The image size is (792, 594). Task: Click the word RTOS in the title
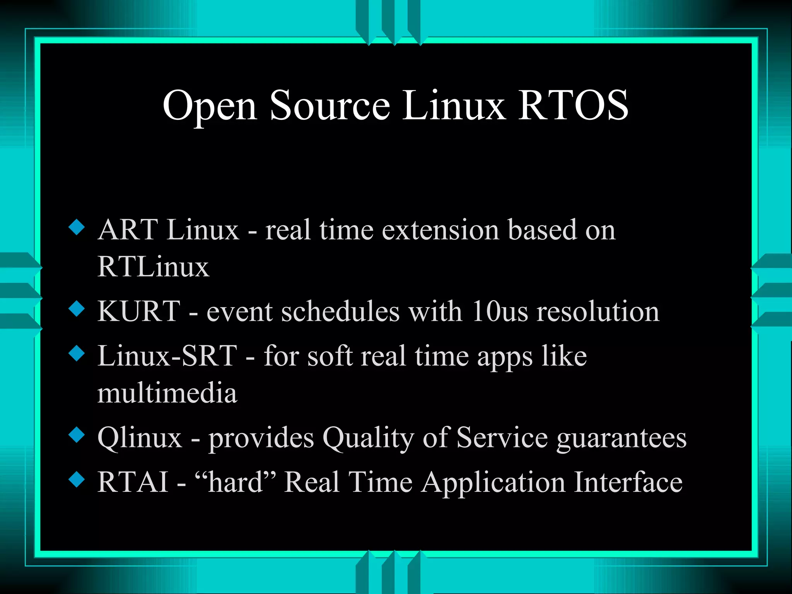pyautogui.click(x=573, y=105)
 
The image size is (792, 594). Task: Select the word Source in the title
pyautogui.click(x=330, y=105)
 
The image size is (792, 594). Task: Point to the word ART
pyautogui.click(x=128, y=230)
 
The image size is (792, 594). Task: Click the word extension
pyautogui.click(x=440, y=230)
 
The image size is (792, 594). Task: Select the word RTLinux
pyautogui.click(x=153, y=267)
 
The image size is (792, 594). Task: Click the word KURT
pyautogui.click(x=139, y=311)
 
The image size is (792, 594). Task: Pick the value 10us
pyautogui.click(x=500, y=311)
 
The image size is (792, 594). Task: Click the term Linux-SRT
pyautogui.click(x=167, y=356)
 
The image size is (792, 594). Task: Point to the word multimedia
pyautogui.click(x=167, y=393)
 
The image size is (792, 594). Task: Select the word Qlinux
pyautogui.click(x=140, y=438)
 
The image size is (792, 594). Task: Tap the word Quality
pyautogui.click(x=368, y=438)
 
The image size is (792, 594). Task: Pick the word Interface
pyautogui.click(x=628, y=482)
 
